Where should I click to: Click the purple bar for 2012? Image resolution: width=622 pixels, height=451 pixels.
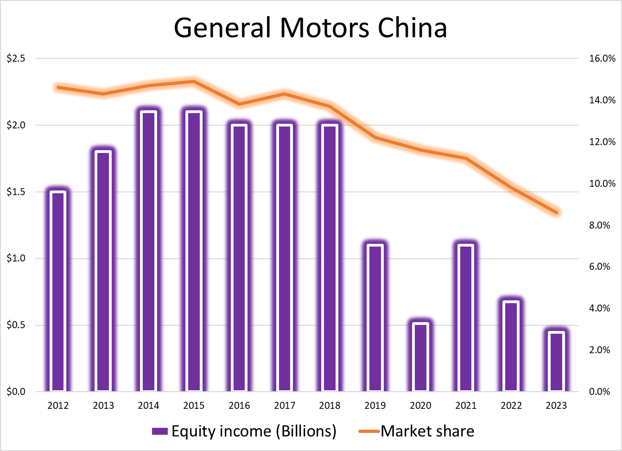pos(58,291)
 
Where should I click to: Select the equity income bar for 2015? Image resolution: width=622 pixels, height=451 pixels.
pos(194,251)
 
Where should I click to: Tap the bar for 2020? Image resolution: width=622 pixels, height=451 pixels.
pos(420,357)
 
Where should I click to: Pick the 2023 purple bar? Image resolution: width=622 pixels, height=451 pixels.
pos(556,362)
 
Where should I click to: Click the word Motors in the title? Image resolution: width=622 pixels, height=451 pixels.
pos(324,28)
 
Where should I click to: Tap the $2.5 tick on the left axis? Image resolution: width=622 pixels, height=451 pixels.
pos(16,58)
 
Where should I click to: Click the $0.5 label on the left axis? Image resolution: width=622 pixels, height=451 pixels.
pos(16,325)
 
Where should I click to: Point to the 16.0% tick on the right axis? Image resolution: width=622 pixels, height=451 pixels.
pos(602,58)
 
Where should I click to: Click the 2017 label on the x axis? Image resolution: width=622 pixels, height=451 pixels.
pos(285,406)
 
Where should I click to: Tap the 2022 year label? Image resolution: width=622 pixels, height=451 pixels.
pos(511,406)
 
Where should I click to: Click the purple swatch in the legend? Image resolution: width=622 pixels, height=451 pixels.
pos(159,432)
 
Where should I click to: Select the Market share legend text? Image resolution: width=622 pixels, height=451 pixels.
pos(427,432)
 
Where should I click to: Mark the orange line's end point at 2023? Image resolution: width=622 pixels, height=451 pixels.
pos(557,213)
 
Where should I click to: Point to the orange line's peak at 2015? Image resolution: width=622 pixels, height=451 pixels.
pos(194,82)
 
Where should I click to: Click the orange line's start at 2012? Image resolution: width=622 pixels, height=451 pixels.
pos(58,87)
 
